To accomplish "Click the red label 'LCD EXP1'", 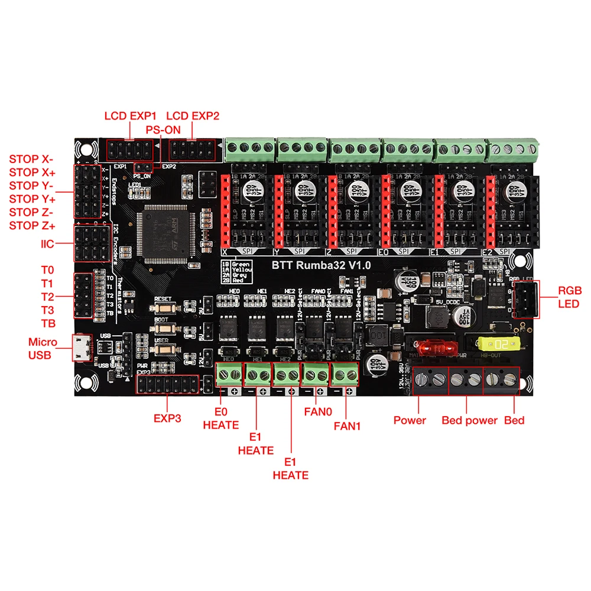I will [x=129, y=116].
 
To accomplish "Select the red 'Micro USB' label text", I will [x=43, y=349].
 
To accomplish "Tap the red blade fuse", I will [x=431, y=348].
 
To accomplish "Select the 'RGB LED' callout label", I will [x=570, y=297].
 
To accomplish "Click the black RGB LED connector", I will [x=527, y=300].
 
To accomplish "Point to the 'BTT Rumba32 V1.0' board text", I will [x=322, y=265].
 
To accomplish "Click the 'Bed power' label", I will [x=469, y=420].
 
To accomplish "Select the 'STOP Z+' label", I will [x=32, y=225].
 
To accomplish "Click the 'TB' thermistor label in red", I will [x=48, y=323].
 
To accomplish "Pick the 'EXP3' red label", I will [x=167, y=418].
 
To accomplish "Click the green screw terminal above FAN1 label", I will [x=345, y=375].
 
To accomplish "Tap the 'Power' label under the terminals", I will [x=410, y=420].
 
